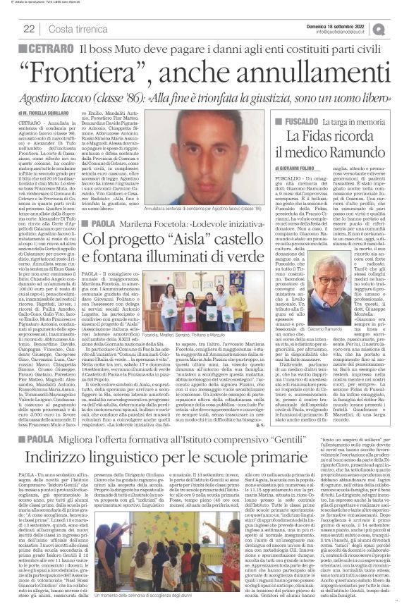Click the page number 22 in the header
30,28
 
